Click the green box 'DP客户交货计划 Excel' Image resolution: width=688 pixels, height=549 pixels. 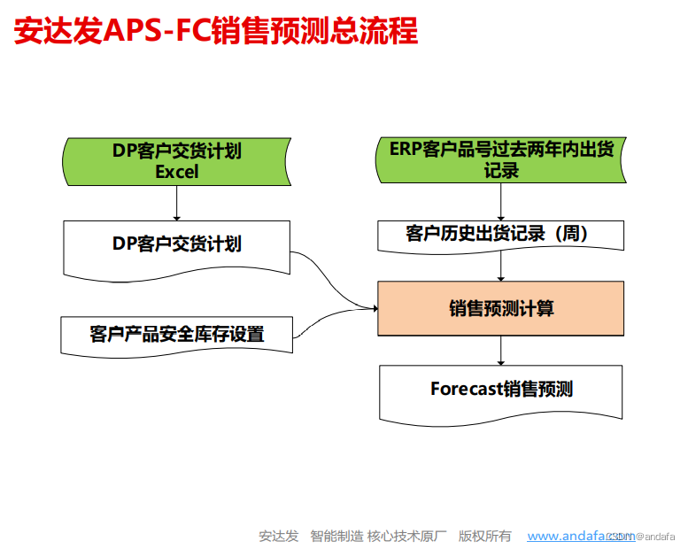[177, 161]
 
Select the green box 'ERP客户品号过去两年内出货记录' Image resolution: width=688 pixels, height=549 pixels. [501, 161]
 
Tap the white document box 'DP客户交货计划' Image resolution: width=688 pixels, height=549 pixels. [177, 245]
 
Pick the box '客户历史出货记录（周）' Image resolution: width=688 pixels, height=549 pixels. [501, 235]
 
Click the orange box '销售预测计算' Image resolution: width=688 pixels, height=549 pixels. [501, 308]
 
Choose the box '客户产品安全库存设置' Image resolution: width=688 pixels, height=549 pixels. [177, 334]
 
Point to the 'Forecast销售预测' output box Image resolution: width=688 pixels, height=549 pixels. [501, 390]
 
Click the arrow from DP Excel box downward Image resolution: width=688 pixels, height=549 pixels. [177, 204]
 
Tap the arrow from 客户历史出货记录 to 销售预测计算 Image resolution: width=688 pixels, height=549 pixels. [501, 266]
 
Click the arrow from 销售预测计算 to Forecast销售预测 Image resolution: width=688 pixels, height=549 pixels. [501, 350]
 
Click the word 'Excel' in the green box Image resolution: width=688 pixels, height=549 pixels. [177, 172]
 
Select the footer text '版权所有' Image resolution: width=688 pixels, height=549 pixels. [484, 536]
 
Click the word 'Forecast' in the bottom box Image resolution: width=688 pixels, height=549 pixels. [467, 389]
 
